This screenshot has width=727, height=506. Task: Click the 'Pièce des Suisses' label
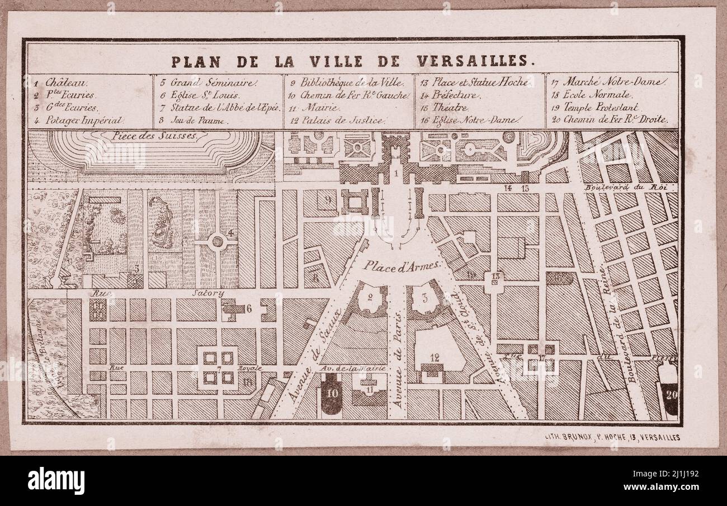154,136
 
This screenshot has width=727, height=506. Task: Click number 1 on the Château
395,175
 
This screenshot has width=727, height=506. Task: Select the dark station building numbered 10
332,393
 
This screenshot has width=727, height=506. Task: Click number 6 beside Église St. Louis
248,307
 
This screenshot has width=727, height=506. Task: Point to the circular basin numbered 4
217,242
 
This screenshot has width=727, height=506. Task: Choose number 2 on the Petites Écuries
369,298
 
